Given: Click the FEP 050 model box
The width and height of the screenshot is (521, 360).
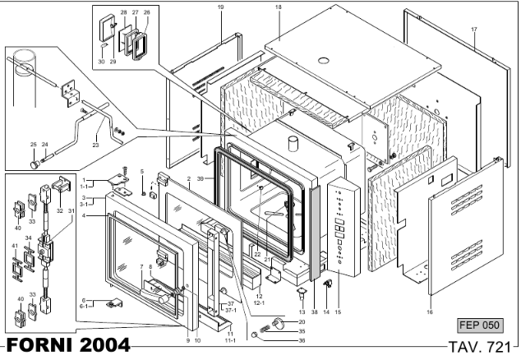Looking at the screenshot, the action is click(x=480, y=325).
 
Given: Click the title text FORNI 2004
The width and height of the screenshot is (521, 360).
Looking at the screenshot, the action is click(x=68, y=345).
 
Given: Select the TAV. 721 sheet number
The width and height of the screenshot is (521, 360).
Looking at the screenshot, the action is click(x=479, y=347).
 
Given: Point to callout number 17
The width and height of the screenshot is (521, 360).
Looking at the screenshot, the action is click(x=474, y=30).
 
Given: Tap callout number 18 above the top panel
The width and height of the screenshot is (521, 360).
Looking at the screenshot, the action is click(x=279, y=7).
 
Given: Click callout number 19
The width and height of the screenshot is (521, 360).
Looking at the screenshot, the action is click(x=220, y=7).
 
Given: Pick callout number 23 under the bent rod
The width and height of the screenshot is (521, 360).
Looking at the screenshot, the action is click(x=95, y=145).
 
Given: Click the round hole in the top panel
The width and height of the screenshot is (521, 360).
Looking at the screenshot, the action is click(x=323, y=61).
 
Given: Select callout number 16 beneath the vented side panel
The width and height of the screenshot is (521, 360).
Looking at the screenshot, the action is click(x=430, y=312).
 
